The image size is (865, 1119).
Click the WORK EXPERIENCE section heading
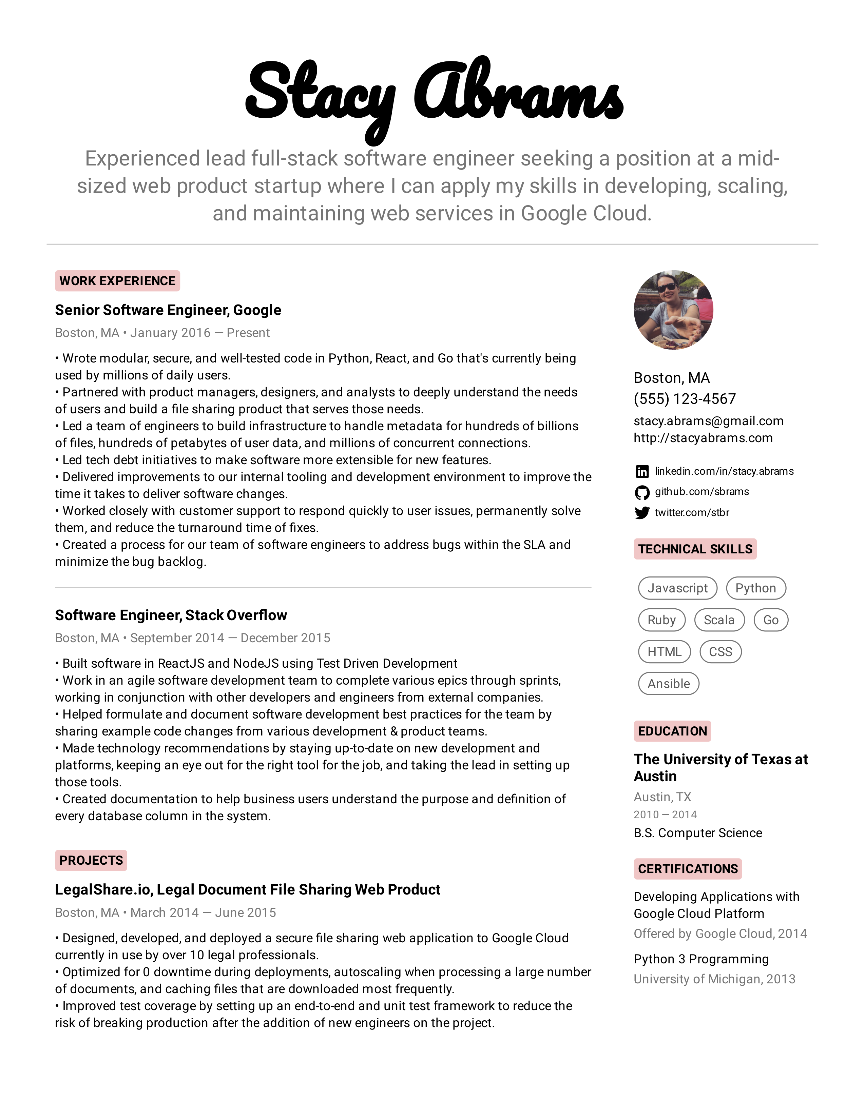117,281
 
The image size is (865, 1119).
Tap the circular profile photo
673,310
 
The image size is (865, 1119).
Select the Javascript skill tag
677,588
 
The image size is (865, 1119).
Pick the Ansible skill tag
669,684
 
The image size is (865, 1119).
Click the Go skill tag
771,620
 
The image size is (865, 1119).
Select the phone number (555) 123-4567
685,399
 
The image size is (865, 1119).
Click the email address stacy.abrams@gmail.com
708,421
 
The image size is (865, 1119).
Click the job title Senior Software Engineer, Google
168,310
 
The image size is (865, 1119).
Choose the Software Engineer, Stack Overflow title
171,615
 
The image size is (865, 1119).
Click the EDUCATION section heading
672,731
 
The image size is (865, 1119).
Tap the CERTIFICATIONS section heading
688,869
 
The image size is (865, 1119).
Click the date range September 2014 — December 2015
230,638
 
